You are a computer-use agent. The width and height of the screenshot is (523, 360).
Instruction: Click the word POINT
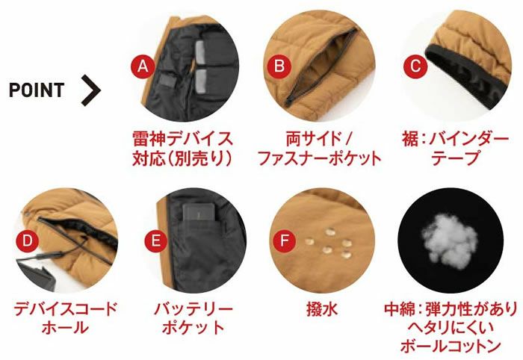pos(37,90)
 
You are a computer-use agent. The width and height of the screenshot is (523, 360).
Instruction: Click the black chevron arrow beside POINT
pos(90,90)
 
